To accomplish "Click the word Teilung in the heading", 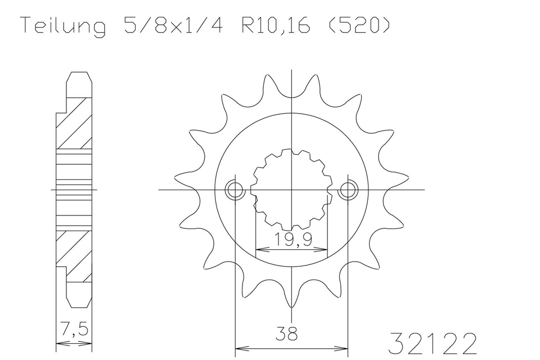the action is (x=64, y=25).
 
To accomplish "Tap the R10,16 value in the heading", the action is (x=276, y=25).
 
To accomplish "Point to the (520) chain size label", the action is (x=359, y=25).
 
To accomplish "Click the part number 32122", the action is (x=433, y=343).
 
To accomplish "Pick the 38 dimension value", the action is (x=287, y=333).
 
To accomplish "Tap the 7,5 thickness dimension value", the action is (x=74, y=329).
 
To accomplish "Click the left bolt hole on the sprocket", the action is (x=235, y=190).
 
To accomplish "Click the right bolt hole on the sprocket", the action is (x=348, y=190).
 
